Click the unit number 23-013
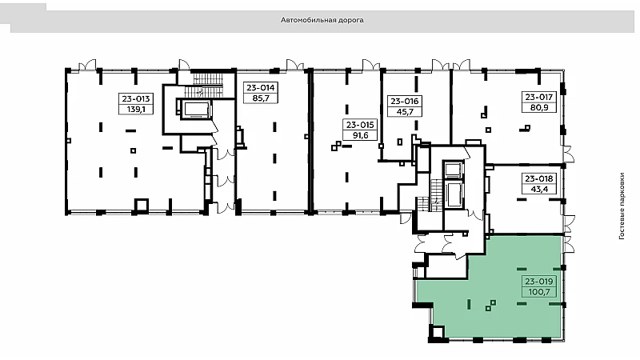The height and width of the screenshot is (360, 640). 136,98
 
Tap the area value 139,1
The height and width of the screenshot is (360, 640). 136,110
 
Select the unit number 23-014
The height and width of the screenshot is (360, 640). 261,88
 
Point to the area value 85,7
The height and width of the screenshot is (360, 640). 261,98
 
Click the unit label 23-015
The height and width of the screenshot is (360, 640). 360,125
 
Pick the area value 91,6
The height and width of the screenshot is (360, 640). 360,135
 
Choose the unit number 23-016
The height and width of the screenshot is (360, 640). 405,102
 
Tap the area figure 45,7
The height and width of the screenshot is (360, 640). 405,112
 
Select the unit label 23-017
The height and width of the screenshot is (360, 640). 538,97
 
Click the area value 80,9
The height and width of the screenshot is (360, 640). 538,108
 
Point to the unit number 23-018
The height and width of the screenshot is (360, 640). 538,178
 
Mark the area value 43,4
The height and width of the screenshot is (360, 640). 538,190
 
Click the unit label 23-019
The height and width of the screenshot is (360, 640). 538,282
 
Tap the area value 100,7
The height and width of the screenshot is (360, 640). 538,292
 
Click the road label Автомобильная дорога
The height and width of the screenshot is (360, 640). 322,20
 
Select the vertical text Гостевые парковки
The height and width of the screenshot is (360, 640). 622,206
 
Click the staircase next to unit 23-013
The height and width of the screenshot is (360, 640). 207,84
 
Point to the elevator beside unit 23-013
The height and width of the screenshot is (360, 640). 196,110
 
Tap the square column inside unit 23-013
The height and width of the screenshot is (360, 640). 133,150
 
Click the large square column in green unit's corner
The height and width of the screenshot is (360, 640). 437,332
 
